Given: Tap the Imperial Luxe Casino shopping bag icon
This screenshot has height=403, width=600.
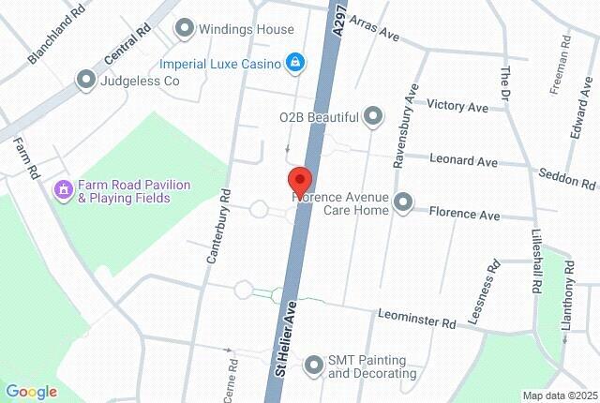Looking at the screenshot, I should click(295, 63).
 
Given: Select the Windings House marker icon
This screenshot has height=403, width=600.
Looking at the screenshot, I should click(185, 29).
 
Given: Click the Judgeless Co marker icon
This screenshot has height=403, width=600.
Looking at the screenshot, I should click(86, 80).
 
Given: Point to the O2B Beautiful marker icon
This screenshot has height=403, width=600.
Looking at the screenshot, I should click(374, 116).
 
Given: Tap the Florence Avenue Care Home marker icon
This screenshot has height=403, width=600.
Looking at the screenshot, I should click(404, 201).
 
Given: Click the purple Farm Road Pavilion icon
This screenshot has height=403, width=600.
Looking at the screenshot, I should click(64, 190).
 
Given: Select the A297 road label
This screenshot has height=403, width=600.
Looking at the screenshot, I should click(339, 19).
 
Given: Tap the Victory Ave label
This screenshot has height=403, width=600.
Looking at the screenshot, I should click(457, 107).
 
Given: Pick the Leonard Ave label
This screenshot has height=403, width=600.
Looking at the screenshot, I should click(463, 161).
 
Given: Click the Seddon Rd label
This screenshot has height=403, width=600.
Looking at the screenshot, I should click(567, 177).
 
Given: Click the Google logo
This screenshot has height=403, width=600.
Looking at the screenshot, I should click(31, 392).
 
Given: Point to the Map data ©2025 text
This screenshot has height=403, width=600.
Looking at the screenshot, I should click(559, 396).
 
